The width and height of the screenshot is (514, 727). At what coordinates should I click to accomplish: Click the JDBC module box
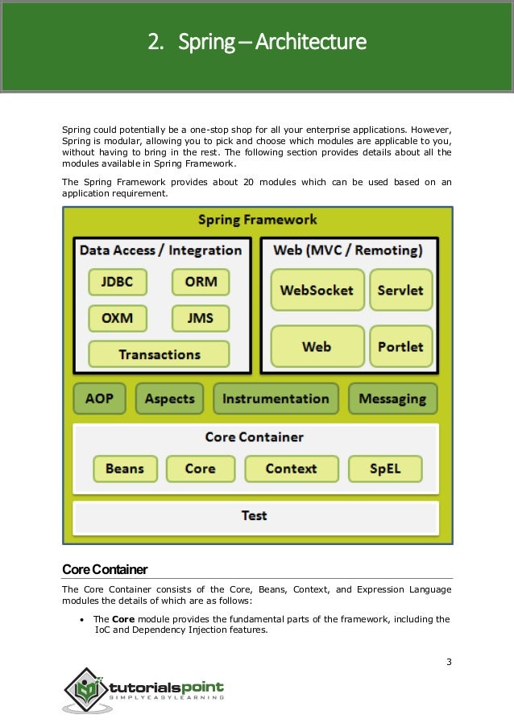pos(122,283)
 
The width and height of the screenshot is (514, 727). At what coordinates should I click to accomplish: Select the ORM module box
pos(201,283)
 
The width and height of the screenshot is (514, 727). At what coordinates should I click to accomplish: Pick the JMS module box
pos(201,318)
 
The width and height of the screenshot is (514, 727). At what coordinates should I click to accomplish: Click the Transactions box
pos(159,354)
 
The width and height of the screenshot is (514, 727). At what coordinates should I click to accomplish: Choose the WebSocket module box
pos(317,290)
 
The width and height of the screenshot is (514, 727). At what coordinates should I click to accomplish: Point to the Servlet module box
pos(400,290)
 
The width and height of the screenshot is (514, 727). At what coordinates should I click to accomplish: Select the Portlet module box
pos(400,347)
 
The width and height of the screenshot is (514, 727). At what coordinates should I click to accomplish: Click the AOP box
pos(100,399)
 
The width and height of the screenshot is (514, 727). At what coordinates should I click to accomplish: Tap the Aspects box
pos(170,399)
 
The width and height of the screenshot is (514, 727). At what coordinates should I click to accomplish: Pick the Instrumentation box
pos(276,399)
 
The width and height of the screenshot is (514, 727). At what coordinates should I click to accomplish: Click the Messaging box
pos(392,399)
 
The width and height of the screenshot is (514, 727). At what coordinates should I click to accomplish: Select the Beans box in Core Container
pos(125,469)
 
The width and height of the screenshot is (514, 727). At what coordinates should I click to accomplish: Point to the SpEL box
pos(385,469)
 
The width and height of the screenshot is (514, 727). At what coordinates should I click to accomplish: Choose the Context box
pos(291,469)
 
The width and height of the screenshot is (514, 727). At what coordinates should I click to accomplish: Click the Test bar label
pos(255,515)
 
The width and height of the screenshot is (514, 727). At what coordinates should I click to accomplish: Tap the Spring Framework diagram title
pos(257,220)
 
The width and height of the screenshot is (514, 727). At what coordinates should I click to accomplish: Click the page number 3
pos(448,663)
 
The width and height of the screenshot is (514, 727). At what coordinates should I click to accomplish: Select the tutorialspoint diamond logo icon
pos(84,689)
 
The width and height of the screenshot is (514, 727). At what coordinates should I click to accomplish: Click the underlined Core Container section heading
pos(105,570)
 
